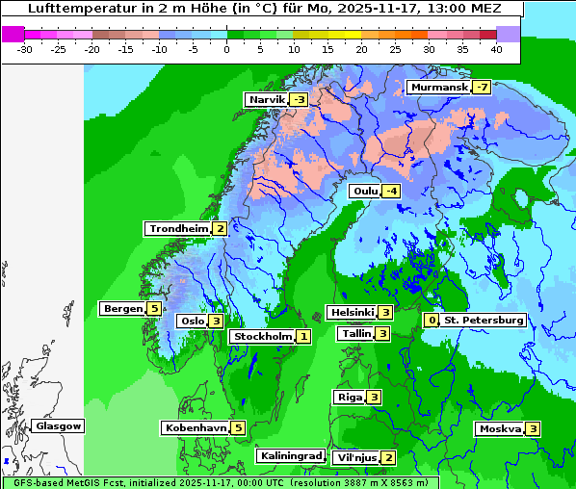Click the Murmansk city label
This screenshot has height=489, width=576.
439,88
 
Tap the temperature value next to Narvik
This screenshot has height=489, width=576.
299,100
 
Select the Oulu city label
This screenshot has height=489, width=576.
364,191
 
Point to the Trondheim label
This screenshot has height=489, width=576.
178,229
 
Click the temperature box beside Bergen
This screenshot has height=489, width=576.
154,309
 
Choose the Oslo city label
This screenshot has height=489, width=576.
192,322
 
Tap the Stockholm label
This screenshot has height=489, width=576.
262,337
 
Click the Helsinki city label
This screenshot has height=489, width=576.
352,312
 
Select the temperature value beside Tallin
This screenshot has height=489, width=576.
382,334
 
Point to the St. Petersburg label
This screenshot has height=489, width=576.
484,321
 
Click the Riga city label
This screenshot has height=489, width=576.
349,398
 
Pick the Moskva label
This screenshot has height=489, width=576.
500,429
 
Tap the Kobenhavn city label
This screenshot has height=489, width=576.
196,427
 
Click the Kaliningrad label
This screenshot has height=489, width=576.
290,456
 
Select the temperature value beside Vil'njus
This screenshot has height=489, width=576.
388,457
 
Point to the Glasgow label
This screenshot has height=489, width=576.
59,426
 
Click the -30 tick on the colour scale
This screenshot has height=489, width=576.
25,48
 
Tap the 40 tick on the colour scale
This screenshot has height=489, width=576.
495,48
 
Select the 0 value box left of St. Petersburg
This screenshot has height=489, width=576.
432,321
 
